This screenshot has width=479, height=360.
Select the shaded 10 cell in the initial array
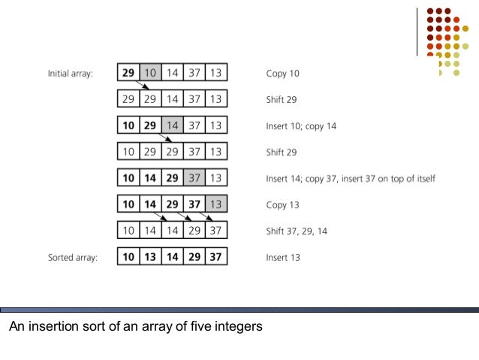152,74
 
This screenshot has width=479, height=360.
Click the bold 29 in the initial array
129,74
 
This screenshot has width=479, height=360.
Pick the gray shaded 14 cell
173,126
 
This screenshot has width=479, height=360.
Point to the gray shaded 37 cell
194,178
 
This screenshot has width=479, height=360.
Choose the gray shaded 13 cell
216,204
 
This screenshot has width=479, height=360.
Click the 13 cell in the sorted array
152,257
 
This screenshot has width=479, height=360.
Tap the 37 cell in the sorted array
216,257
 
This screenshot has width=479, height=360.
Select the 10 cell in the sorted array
129,257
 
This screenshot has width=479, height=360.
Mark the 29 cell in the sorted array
194,257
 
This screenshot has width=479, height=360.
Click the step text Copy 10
283,74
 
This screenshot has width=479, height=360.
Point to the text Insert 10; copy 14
301,126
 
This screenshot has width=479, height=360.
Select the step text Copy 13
283,204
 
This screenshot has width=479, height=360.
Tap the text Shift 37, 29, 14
297,231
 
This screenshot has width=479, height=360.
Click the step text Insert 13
283,257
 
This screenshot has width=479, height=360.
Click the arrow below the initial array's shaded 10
155,86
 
